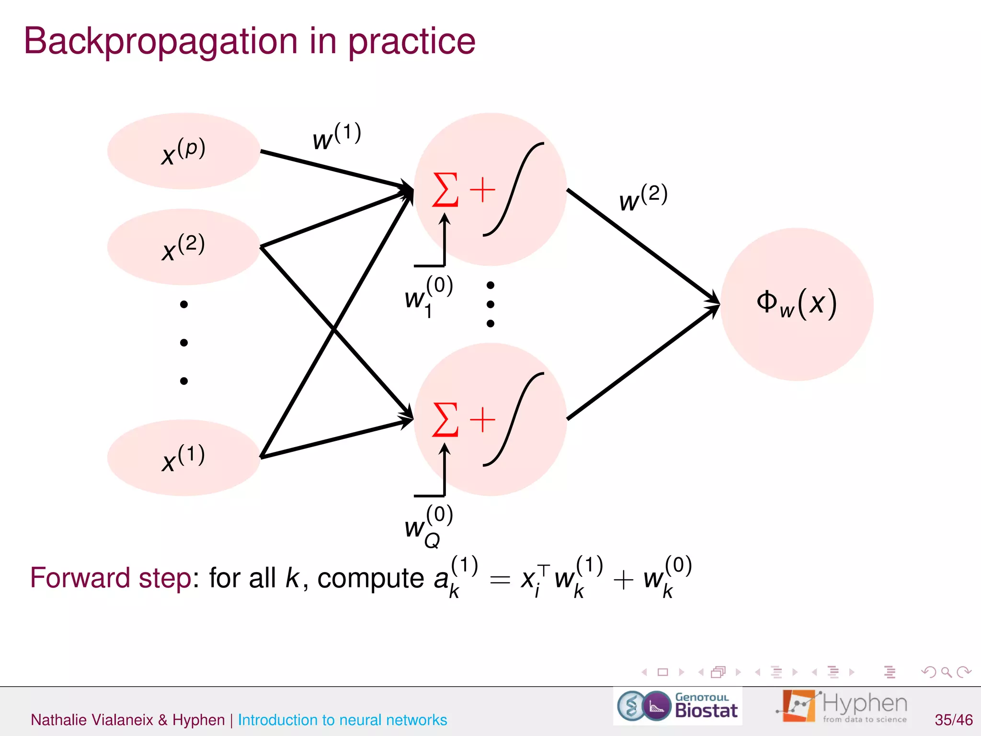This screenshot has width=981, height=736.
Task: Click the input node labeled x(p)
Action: point(183,151)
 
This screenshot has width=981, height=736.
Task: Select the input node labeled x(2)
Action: point(183,247)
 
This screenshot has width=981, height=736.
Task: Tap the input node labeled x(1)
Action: point(183,458)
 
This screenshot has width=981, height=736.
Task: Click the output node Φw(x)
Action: point(797,304)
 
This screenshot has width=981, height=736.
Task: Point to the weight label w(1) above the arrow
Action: point(336,137)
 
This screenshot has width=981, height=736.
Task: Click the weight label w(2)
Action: point(643,197)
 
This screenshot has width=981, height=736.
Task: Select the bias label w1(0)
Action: point(428,297)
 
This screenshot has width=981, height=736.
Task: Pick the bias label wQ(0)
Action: point(428,526)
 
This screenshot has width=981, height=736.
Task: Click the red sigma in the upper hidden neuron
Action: point(445,190)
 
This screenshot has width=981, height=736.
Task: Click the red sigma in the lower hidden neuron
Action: point(445,420)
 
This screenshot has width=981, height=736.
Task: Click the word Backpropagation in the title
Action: point(160,41)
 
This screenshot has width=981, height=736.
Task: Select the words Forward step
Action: point(111,578)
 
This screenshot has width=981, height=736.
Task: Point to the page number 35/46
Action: point(953,720)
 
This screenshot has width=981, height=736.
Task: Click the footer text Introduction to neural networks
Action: point(342,720)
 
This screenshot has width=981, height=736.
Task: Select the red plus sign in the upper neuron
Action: point(482,190)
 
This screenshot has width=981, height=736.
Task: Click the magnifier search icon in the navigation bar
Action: point(946,672)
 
